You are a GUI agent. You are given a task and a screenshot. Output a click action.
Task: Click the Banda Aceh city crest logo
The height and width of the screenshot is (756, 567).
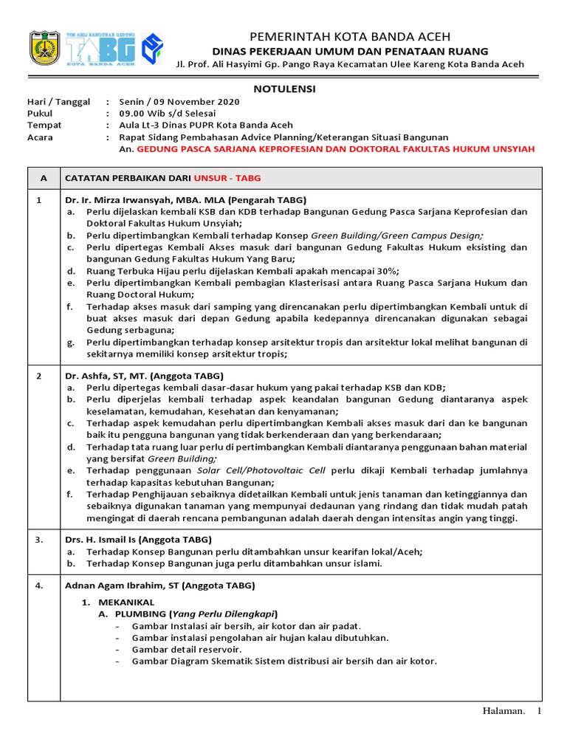44,48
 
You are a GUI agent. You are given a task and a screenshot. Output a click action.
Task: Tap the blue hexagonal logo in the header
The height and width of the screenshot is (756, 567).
152,49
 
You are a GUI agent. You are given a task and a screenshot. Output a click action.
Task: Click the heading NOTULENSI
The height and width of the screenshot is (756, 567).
284,89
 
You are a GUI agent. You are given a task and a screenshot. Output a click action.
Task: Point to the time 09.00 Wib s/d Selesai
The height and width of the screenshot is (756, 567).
168,114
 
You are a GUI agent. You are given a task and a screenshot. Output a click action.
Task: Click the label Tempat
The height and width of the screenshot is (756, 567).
44,126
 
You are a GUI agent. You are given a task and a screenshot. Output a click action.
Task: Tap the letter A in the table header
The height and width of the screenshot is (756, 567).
44,178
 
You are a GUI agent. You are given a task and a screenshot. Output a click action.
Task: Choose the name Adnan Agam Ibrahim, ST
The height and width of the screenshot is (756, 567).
122,585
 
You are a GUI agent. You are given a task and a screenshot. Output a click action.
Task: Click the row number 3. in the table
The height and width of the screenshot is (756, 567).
40,540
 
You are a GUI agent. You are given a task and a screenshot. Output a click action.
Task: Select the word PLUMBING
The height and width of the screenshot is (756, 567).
140,614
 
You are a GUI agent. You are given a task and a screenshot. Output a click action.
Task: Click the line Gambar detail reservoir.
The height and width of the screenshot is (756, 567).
186,649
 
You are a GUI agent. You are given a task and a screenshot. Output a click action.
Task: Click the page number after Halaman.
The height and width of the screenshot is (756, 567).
539,711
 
